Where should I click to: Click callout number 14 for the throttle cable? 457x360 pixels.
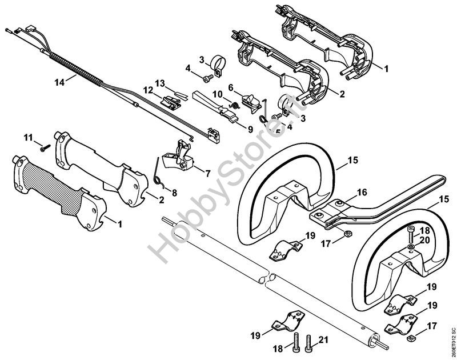tap(59, 82)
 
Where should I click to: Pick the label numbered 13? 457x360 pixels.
tap(160, 83)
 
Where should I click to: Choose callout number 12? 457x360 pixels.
tap(148, 90)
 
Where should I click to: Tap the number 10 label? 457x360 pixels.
tap(218, 93)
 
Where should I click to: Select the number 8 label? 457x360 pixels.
tap(175, 193)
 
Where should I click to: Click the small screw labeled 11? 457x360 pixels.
tap(44, 147)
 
